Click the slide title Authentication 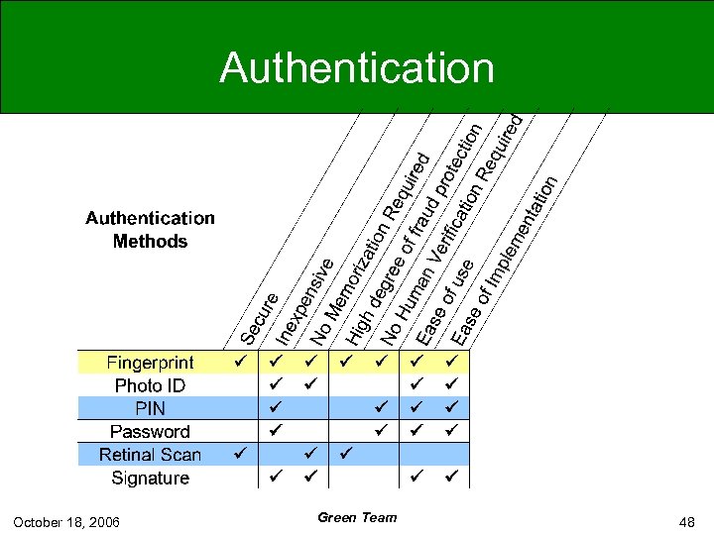(x=357, y=68)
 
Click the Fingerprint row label (x=151, y=363)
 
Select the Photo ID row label (x=150, y=385)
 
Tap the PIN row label (x=150, y=408)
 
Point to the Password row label (x=150, y=432)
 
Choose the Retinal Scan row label (x=150, y=455)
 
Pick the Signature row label (x=150, y=478)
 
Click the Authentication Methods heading (x=150, y=229)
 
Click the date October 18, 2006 (x=66, y=521)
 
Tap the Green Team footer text (x=357, y=517)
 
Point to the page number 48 (x=687, y=521)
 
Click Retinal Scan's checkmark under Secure (x=239, y=454)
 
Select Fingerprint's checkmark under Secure (x=239, y=362)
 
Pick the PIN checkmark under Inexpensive (x=277, y=407)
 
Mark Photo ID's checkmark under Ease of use (x=416, y=384)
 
